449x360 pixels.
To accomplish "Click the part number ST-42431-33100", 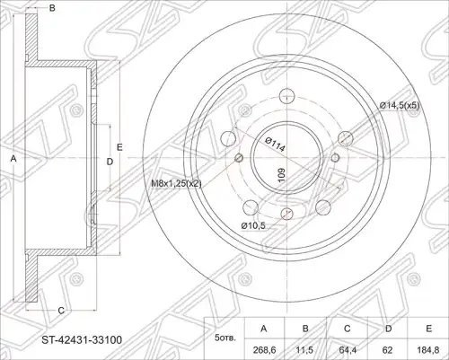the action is (x=82, y=340).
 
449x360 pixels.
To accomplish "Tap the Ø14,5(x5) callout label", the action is (x=400, y=105).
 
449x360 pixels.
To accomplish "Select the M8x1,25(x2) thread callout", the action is (x=176, y=183).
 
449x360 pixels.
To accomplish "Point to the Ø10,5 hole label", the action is (x=253, y=225).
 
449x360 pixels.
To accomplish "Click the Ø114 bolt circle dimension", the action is (x=275, y=145).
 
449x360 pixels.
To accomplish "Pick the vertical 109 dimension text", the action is (x=281, y=174).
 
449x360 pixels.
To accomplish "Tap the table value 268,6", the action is (x=264, y=349).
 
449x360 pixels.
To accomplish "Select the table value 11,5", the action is (x=305, y=349).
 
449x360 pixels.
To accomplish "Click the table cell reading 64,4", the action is (x=347, y=349).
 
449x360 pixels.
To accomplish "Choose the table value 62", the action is (x=388, y=349).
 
